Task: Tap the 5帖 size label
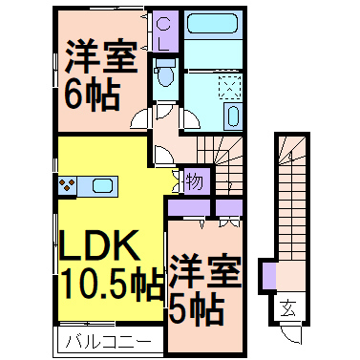pyautogui.click(x=198, y=307)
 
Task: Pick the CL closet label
pyautogui.click(x=164, y=34)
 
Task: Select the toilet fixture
pyautogui.click(x=165, y=74)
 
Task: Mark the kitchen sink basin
pyautogui.click(x=101, y=185)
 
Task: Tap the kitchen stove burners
pyautogui.click(x=71, y=185)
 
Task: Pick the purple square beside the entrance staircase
pyautogui.click(x=268, y=277)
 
